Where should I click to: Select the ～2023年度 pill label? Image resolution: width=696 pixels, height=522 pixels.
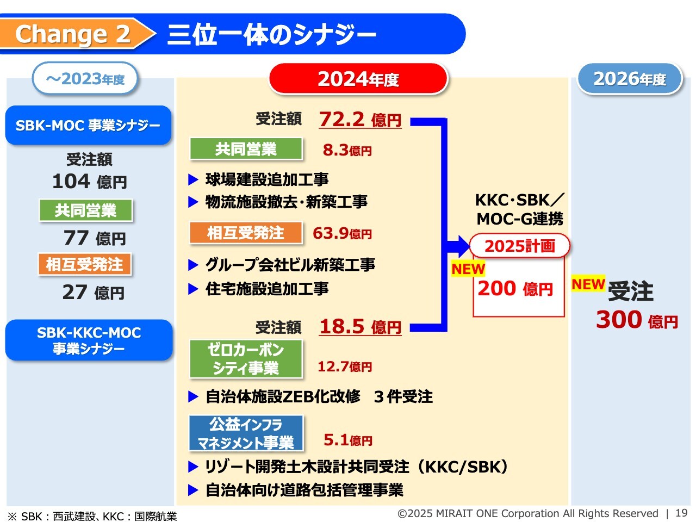[85, 79]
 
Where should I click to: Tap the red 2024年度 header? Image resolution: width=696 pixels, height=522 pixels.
[358, 79]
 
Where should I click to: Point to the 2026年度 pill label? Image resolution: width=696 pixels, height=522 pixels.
[630, 79]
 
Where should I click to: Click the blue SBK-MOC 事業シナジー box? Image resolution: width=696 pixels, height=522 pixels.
[88, 125]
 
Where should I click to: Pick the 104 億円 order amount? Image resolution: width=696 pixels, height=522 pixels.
[90, 182]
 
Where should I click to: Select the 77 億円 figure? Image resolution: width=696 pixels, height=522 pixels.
[95, 238]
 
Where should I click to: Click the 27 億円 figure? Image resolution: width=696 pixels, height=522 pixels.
[94, 292]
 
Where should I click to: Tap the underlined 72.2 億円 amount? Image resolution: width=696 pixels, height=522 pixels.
[360, 120]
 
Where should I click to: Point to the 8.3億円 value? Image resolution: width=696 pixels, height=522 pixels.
[347, 150]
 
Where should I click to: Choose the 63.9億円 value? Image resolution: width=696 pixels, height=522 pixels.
[342, 233]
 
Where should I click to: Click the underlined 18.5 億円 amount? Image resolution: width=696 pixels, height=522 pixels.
[360, 326]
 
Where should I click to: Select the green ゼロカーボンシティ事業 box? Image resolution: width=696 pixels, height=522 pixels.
[246, 359]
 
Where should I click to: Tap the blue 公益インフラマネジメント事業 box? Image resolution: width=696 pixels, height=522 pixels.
[246, 433]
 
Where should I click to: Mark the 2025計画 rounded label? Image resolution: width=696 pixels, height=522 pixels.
[520, 246]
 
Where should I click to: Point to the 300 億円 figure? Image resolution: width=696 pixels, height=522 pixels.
[637, 320]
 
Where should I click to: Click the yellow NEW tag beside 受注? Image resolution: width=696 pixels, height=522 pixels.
[588, 284]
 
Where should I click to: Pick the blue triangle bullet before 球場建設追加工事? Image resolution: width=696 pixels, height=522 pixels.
[193, 179]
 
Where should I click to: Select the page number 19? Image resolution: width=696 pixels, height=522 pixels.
[681, 513]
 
